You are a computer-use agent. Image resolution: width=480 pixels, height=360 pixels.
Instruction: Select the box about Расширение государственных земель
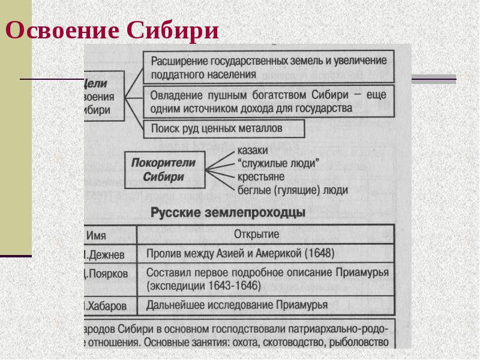point(268,67)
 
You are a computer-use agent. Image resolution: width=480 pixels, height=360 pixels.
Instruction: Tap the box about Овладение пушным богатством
point(268,101)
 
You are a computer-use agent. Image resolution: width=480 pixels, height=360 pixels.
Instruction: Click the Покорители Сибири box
point(164,169)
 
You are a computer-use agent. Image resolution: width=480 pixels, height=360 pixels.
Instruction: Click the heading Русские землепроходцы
point(228,212)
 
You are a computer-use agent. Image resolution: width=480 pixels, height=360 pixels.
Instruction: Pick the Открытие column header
point(264,233)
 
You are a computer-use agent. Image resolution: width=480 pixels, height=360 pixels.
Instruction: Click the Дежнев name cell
point(106,254)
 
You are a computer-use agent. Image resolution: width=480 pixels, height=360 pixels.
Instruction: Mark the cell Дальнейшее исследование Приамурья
point(237,305)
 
